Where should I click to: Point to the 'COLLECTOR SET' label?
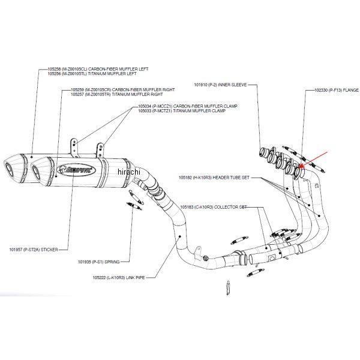pos(230,206)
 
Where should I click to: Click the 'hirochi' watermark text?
pos(128,172)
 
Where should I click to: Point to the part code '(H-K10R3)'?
pos(202,178)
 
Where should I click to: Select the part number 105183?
pos(188,206)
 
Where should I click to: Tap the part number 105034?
pos(145,106)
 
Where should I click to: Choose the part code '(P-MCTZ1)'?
pos(161,111)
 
